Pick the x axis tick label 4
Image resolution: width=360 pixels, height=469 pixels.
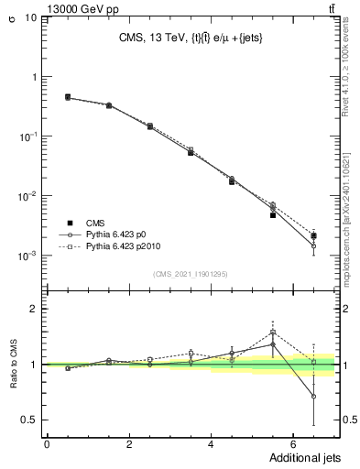coord(211,443)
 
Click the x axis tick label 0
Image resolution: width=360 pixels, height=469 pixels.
coord(47,443)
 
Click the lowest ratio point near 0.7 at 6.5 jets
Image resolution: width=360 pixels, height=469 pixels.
coord(313,397)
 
